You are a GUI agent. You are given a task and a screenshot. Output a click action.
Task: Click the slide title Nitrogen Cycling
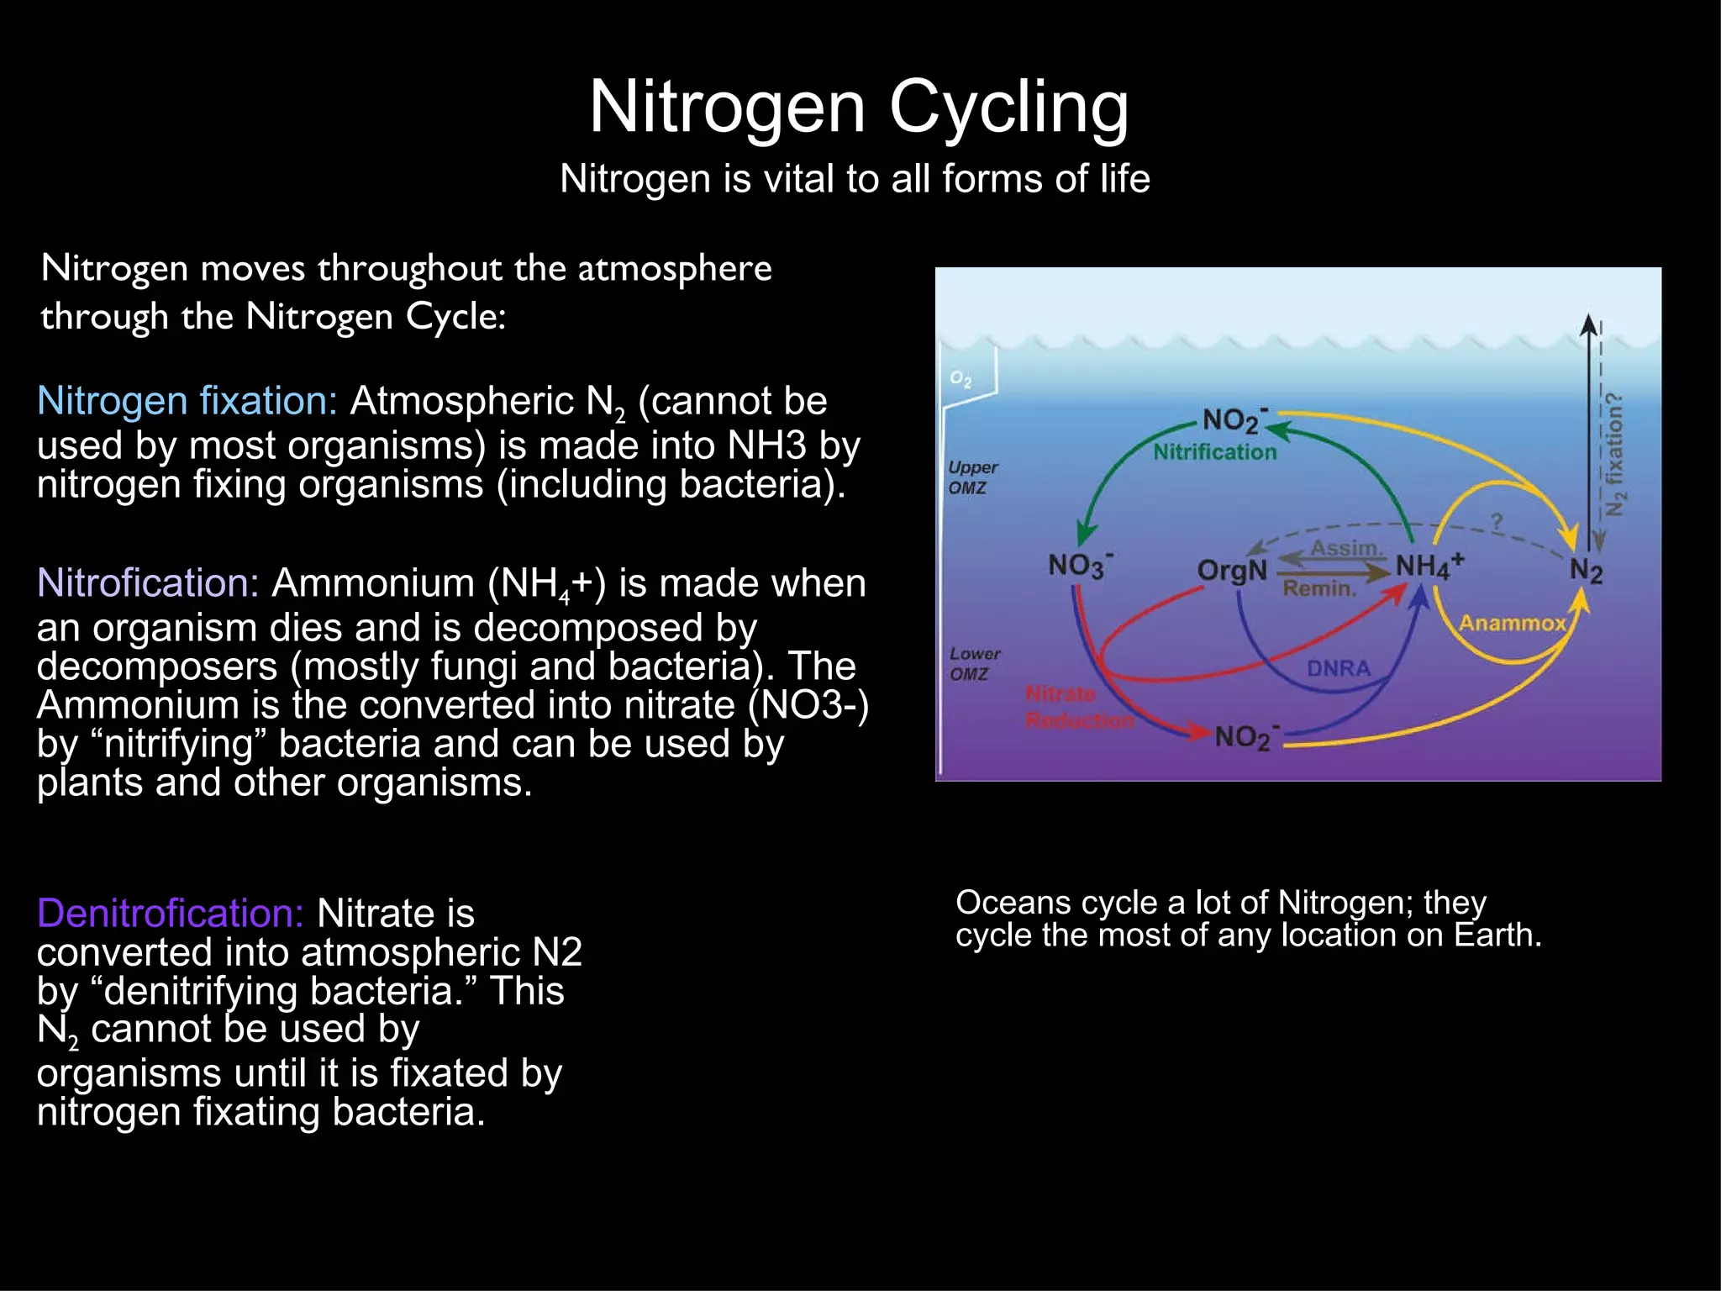point(859,107)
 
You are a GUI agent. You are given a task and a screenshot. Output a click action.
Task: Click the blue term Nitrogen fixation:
point(187,401)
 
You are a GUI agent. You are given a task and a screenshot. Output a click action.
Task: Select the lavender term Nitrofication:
point(148,582)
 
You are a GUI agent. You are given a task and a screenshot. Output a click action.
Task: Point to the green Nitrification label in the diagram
point(1214,452)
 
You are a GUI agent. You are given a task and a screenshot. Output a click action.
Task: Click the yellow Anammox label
point(1512,623)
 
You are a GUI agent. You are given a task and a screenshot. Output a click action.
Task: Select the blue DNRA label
point(1338,668)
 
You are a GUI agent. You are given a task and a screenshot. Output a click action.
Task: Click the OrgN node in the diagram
point(1232,570)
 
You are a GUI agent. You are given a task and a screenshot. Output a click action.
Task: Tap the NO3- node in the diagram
point(1080,565)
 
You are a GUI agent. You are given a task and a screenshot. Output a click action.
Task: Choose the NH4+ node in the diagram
point(1429,565)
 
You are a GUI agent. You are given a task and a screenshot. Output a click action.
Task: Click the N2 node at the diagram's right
point(1586,571)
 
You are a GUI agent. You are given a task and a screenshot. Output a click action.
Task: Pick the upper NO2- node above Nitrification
point(1234,419)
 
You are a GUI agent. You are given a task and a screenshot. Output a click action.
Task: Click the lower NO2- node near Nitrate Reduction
point(1246,736)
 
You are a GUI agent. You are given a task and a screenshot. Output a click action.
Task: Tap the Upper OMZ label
point(972,477)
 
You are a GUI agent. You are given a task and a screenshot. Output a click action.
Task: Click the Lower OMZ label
point(974,663)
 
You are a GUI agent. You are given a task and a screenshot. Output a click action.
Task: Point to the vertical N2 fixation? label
point(1614,454)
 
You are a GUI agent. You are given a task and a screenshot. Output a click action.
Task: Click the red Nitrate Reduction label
point(1077,707)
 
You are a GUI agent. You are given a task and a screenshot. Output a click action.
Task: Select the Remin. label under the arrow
point(1319,588)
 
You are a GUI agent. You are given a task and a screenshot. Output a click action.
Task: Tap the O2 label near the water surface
point(960,379)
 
